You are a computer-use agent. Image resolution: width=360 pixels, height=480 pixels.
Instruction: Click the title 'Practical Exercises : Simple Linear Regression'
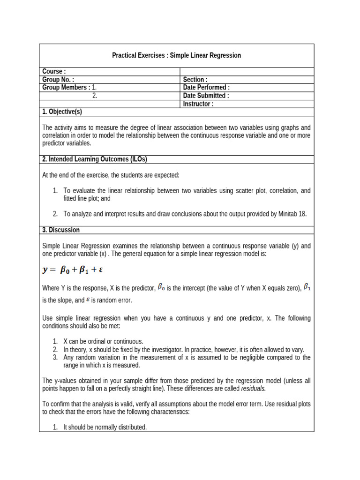click(x=176, y=55)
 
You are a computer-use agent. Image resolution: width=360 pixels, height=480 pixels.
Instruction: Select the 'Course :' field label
click(x=54, y=71)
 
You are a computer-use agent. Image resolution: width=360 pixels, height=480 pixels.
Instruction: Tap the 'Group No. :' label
click(x=58, y=80)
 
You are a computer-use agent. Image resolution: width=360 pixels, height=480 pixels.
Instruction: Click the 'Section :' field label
click(x=195, y=80)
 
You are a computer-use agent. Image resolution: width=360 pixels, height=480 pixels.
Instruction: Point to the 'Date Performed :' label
click(x=206, y=88)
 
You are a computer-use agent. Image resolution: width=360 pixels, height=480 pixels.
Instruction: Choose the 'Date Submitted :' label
click(x=206, y=96)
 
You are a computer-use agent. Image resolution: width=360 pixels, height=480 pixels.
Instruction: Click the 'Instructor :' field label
click(x=198, y=104)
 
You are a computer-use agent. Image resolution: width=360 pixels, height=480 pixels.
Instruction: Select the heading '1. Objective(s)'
click(x=62, y=112)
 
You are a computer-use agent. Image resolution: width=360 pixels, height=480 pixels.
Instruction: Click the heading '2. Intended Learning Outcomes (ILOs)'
click(x=95, y=159)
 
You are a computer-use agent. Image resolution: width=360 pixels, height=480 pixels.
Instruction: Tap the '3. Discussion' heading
click(x=61, y=230)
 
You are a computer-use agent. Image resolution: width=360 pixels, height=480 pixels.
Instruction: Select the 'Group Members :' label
click(x=66, y=88)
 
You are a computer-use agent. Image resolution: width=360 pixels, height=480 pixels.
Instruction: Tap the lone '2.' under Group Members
click(x=95, y=96)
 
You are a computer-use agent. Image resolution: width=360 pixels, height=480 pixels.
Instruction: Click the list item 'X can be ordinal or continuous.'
click(x=103, y=341)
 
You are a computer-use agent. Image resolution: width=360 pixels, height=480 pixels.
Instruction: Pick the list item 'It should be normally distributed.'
click(x=105, y=427)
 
